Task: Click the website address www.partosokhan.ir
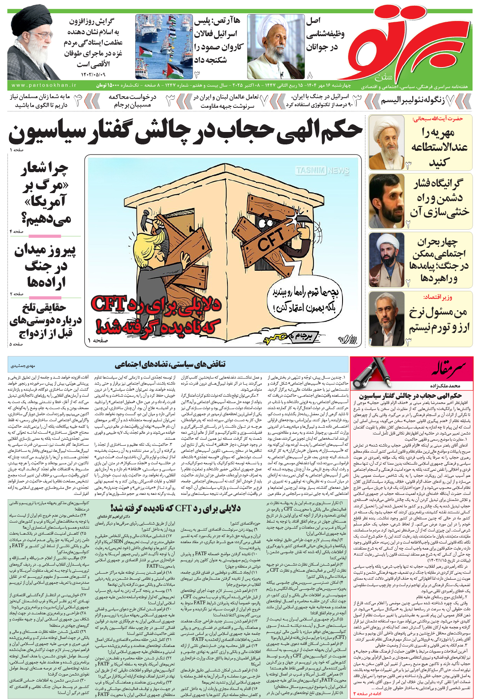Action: pos(44,85)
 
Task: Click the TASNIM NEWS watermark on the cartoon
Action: pos(322,171)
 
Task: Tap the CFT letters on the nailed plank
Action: pos(270,239)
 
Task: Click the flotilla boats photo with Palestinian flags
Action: pos(164,46)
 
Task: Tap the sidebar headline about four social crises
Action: pos(439,260)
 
